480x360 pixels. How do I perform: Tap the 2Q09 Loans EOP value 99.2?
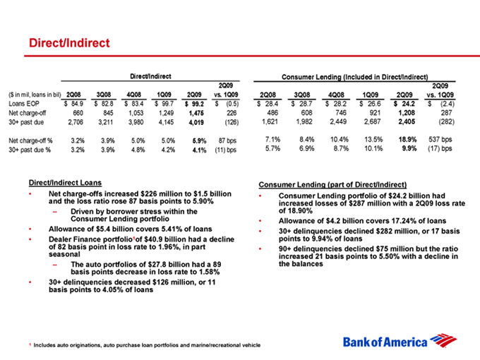(198, 102)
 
